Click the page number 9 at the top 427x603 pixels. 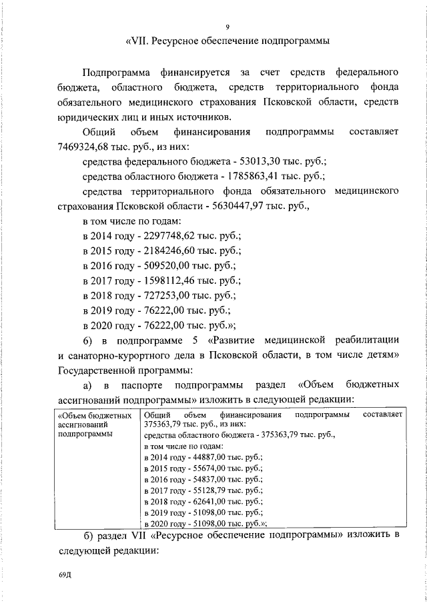228,27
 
